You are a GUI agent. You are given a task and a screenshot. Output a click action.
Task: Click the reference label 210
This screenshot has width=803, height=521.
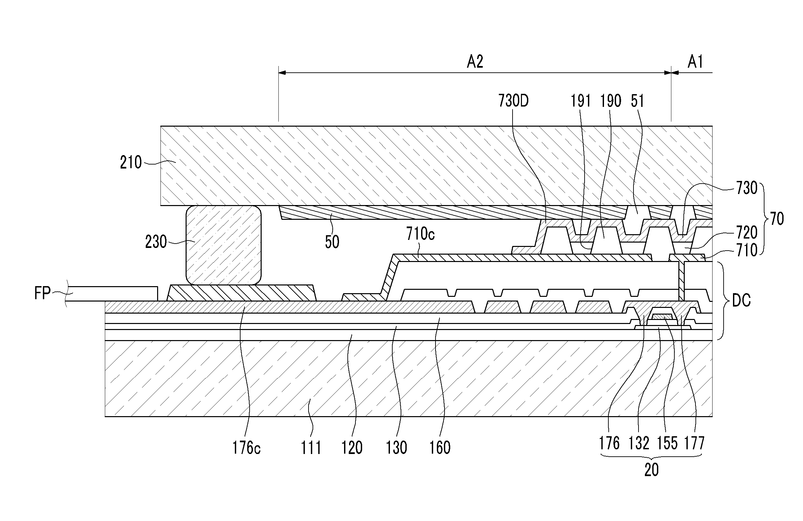pos(131,162)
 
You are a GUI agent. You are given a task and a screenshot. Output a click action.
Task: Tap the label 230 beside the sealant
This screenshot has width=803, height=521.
pos(156,242)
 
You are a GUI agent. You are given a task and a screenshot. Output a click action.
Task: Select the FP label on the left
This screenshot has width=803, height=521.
pos(43,293)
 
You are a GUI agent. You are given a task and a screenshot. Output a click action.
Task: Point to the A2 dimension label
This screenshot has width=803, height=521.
pos(475,62)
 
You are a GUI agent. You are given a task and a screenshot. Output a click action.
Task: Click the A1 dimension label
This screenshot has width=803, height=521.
pos(695,62)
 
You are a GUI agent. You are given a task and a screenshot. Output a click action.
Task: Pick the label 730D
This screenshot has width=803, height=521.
pos(514,101)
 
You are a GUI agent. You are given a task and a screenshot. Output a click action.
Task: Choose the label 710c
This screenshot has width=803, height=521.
pos(420,234)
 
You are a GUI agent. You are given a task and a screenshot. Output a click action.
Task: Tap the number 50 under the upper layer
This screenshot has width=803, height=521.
pos(332,242)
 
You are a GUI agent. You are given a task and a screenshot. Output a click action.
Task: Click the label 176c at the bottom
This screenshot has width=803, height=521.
pos(246,448)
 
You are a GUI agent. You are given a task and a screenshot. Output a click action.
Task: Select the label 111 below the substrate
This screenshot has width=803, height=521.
pos(311,448)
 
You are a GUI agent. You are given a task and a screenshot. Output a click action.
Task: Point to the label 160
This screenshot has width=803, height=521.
pos(440,448)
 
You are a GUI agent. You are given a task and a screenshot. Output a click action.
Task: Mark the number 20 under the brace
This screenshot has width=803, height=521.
pos(651,470)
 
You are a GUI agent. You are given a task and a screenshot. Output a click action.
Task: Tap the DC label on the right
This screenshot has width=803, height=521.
pos(741,300)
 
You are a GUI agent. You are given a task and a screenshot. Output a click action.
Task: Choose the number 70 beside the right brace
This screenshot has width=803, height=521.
pos(776,219)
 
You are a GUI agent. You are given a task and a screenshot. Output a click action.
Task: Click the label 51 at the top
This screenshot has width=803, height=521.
pos(637,101)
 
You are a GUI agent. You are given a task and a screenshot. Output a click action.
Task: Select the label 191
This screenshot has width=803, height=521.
pos(581,101)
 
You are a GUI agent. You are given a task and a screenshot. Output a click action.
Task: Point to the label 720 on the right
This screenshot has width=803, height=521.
pos(747,233)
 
